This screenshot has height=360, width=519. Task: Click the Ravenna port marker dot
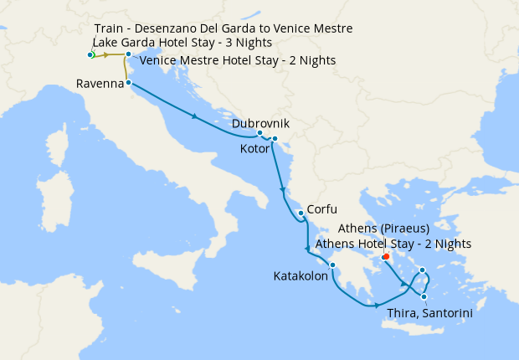[128, 84]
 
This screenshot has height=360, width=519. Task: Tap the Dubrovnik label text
[260, 122]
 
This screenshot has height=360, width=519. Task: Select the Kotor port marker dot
[275, 139]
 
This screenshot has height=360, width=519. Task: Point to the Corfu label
[322, 208]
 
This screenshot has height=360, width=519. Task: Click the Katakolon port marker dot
[332, 267]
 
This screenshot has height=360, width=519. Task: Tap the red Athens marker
[386, 257]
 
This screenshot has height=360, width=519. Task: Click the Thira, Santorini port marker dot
[425, 296]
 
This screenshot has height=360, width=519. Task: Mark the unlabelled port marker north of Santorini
[423, 270]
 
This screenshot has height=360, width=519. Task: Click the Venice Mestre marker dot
[128, 54]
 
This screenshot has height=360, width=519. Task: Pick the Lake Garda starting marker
[90, 55]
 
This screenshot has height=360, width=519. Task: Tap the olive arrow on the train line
[106, 54]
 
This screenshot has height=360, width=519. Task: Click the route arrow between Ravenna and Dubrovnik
[195, 116]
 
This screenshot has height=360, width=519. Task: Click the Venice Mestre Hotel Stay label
[238, 60]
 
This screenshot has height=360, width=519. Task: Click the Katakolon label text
[301, 275]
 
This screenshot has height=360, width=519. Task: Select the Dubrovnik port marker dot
[259, 133]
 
